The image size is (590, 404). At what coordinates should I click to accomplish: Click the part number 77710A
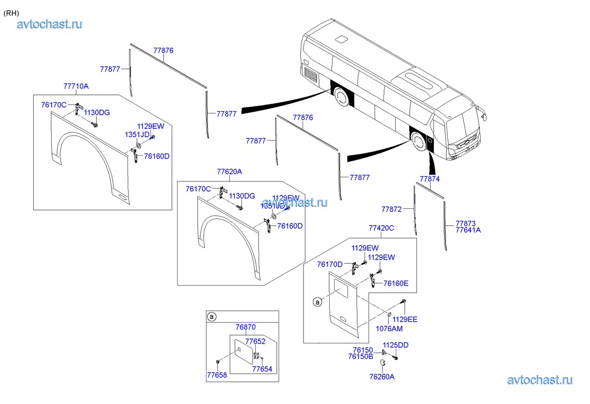(x=76, y=86)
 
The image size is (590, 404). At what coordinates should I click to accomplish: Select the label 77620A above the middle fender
(x=229, y=172)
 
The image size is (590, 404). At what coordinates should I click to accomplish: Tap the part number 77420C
(x=381, y=228)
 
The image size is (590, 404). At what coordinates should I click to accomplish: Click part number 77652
(x=255, y=341)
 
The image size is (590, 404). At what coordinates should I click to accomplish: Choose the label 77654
(x=262, y=369)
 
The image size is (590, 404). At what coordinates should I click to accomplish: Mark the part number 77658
(x=217, y=376)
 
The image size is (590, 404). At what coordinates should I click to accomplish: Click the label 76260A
(x=383, y=377)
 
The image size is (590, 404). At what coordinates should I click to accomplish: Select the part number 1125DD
(x=395, y=345)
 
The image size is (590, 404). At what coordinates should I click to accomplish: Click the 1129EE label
(x=405, y=319)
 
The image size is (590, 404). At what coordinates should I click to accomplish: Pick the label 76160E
(x=396, y=283)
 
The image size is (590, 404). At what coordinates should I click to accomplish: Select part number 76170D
(x=330, y=265)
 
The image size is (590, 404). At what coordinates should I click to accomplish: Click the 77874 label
(x=430, y=179)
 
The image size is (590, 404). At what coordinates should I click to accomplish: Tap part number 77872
(x=391, y=209)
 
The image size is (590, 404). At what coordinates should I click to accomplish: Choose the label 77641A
(x=468, y=230)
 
